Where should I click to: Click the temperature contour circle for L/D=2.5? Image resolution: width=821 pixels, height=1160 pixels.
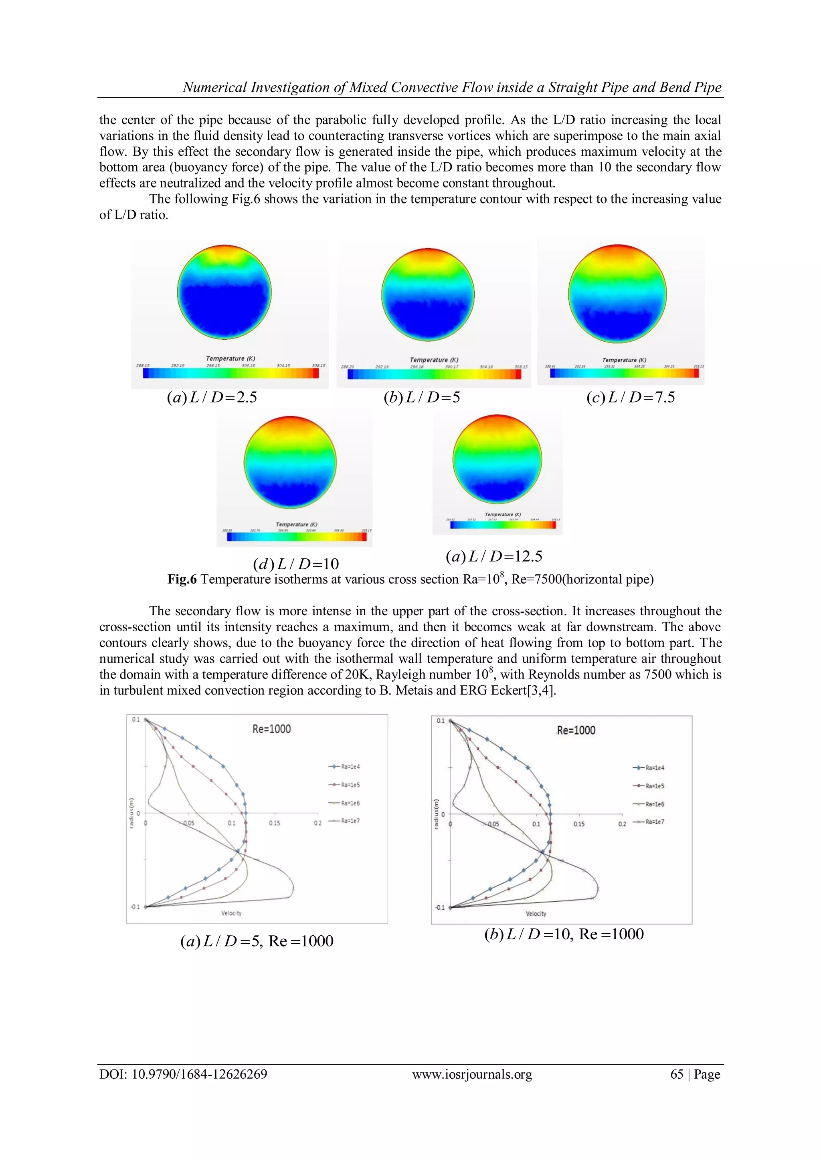[224, 292]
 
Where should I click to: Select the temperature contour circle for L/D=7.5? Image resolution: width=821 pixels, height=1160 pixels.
[617, 294]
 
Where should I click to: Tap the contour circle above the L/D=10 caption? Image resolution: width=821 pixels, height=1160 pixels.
[290, 462]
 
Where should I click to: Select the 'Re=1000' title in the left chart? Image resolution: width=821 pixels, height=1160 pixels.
[271, 729]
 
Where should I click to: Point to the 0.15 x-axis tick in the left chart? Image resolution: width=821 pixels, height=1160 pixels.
[274, 823]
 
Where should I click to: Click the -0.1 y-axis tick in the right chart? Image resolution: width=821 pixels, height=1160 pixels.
[440, 907]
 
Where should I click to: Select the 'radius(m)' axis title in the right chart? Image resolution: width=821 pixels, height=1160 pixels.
[436, 814]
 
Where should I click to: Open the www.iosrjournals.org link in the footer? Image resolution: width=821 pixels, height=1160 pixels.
[472, 1074]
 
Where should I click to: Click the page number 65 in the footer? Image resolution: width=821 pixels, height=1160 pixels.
[676, 1074]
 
